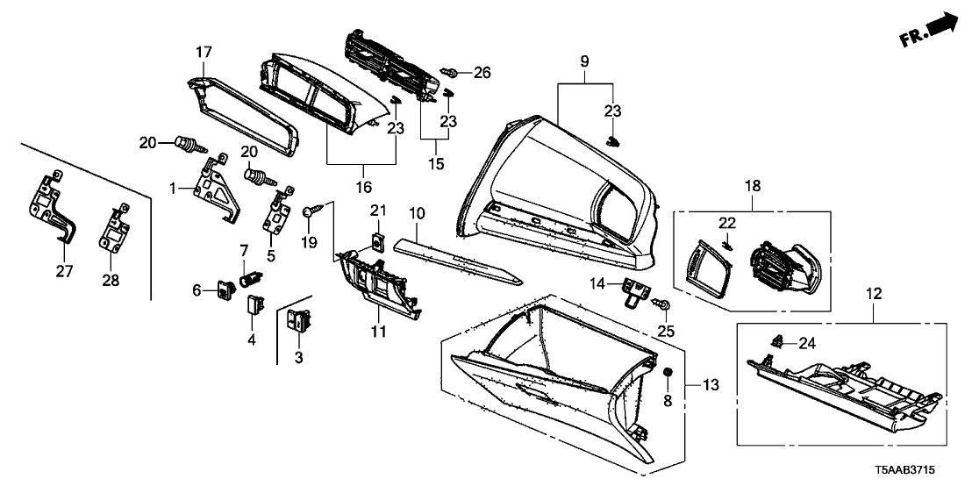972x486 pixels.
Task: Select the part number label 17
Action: pos(203,53)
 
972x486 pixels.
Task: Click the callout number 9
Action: pos(585,61)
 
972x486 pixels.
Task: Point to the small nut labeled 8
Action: pos(668,374)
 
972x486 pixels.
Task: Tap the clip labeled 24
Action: pos(776,339)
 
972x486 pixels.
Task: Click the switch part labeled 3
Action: pos(299,321)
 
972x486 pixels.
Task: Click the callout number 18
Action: pos(753,187)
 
